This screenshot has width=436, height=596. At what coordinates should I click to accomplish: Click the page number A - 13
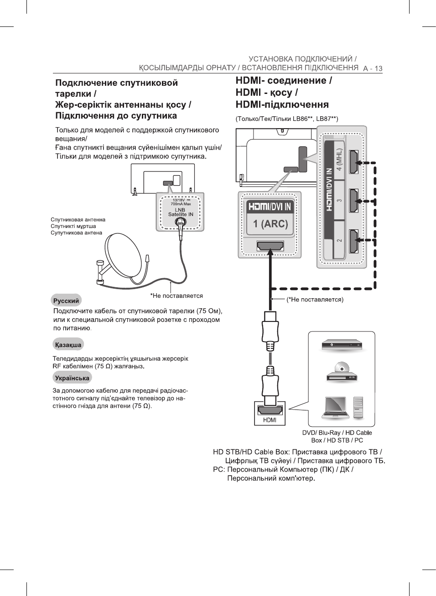point(373,68)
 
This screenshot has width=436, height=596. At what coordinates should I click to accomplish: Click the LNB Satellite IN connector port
point(181,223)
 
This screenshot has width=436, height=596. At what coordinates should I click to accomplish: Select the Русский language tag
point(66,301)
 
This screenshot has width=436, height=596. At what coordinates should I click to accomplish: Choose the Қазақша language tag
point(68,345)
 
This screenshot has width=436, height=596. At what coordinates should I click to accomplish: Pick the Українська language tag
point(72,378)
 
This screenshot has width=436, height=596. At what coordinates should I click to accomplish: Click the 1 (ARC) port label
point(270,224)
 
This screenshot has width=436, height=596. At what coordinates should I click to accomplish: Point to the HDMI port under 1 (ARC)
point(270,246)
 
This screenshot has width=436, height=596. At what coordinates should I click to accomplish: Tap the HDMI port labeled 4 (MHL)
point(353,162)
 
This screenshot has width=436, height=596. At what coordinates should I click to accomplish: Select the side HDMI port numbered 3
point(353,201)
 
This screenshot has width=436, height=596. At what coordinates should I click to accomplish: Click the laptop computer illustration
point(336,408)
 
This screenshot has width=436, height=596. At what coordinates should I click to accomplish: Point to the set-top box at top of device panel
point(342,345)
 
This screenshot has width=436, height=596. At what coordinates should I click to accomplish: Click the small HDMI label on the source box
point(270,420)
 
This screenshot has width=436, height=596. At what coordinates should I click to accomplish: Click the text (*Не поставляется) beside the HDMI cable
point(315,300)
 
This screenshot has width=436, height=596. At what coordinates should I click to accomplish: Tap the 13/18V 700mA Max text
point(181,202)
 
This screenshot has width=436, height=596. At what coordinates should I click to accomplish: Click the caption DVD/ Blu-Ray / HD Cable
point(337,433)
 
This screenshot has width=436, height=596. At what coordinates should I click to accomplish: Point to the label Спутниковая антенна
point(78,220)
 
